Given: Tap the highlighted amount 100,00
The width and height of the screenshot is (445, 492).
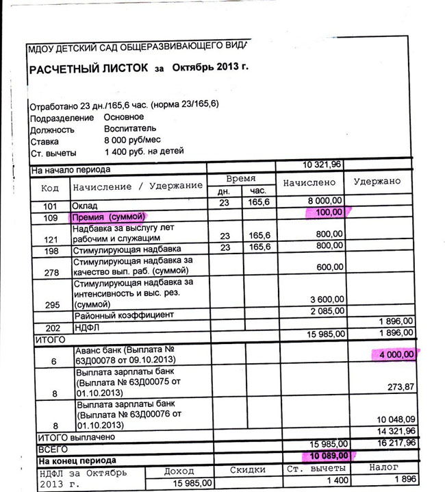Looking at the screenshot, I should pos(327,213).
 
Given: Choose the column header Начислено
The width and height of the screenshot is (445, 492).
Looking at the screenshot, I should pos(310,182).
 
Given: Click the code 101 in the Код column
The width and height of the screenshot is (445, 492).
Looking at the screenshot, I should pos(50,206).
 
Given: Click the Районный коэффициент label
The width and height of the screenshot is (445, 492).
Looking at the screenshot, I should pos(124,315).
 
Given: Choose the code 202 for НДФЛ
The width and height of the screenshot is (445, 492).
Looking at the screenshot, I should pos(50,328).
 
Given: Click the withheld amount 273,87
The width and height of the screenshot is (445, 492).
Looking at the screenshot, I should pos(400,387).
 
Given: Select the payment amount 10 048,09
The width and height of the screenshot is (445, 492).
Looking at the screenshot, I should pos(395,419).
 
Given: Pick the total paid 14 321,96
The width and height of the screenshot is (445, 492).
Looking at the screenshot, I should pos(395,431).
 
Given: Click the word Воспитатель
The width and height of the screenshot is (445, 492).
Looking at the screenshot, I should pos(130,128).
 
